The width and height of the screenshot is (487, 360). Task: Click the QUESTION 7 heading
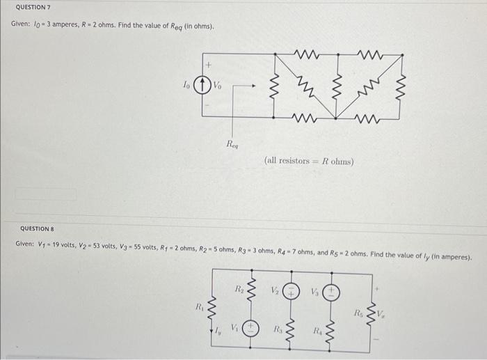point(33,7)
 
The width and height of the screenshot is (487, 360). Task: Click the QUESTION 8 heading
point(37,228)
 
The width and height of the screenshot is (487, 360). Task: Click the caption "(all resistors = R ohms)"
point(309,161)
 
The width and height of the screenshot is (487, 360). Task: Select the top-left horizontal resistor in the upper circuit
point(306,53)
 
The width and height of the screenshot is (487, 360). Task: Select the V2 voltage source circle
point(294,292)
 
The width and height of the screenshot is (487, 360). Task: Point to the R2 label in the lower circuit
point(237,287)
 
